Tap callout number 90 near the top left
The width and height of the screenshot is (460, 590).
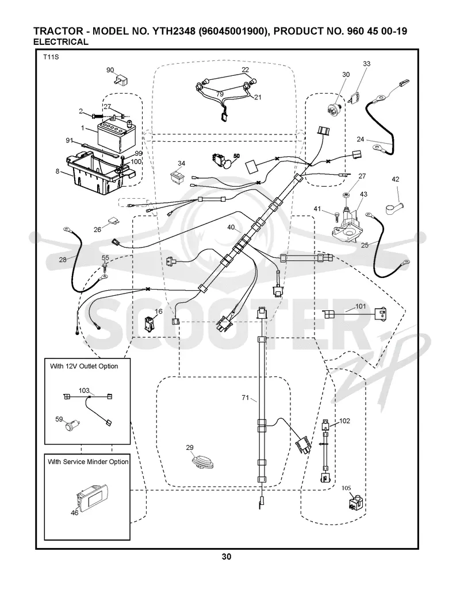110,70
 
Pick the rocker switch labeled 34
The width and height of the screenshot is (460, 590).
177,177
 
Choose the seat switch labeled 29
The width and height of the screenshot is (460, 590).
202,462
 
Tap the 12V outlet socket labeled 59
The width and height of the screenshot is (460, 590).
70,426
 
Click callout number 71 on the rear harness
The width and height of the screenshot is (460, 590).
246,398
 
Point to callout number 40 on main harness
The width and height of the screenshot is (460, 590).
231,227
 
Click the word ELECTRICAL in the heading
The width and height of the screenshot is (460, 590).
61,42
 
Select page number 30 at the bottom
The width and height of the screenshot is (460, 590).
227,557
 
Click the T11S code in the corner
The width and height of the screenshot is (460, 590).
51,57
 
